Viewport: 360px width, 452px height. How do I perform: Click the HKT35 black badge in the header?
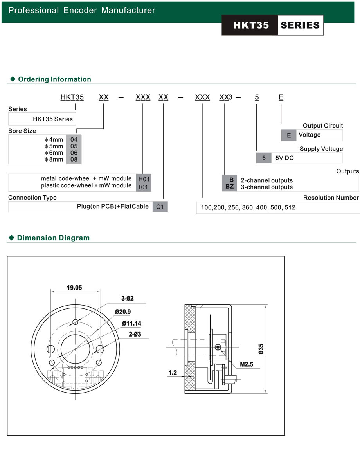pos(250,25)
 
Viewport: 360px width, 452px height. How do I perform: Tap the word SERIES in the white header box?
pos(300,25)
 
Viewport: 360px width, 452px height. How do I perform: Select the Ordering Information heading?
pos(54,79)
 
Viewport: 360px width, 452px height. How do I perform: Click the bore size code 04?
pos(74,140)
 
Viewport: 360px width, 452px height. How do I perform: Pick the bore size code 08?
pos(74,160)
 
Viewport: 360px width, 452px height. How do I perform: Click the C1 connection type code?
pos(160,207)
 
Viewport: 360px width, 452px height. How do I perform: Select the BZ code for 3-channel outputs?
pos(230,187)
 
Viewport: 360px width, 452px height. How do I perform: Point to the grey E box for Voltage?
pos(289,135)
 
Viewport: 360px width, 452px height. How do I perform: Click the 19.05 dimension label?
pos(74,288)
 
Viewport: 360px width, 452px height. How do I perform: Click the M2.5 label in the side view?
pos(247,364)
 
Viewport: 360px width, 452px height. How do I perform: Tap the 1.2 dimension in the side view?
pos(173,373)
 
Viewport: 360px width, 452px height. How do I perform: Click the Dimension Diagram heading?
pos(53,238)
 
